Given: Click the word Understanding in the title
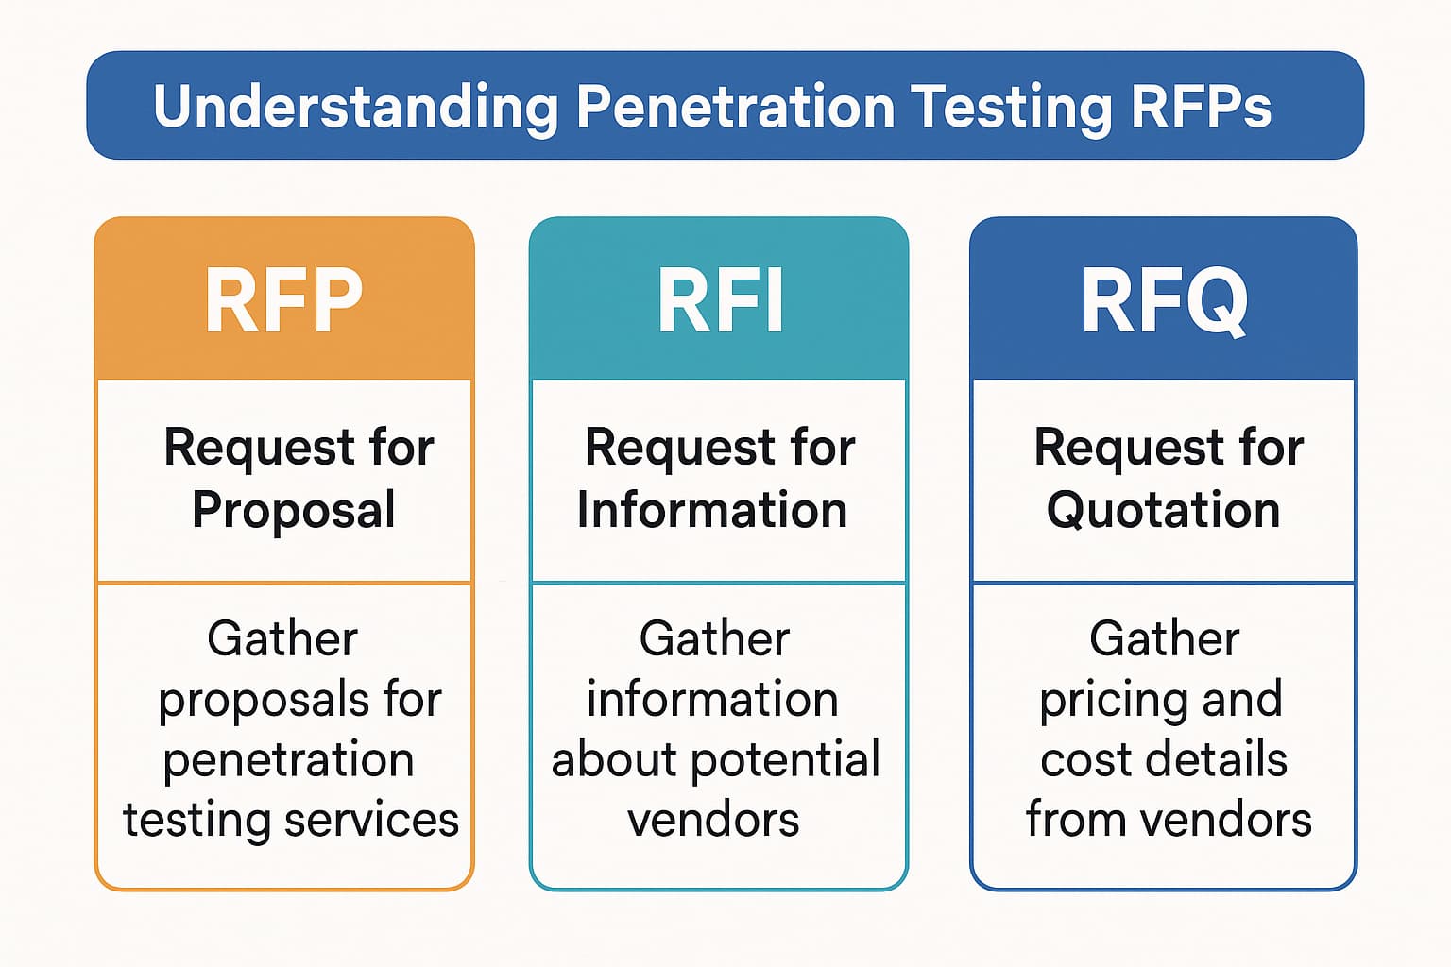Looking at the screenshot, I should coord(355,107).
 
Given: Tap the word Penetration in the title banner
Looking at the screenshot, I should coord(735,106).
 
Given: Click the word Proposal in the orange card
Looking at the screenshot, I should coord(294,511).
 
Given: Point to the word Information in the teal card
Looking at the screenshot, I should coord(712,511).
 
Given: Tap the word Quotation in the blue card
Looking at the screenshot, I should coord(1163,511).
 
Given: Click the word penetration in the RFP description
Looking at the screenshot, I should coord(288,760).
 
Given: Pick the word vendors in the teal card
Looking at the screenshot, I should coord(713,820).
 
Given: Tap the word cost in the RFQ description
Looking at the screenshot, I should coord(1077,760).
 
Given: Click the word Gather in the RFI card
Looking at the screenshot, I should coord(714,639).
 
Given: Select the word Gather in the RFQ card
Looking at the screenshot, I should coord(1164,639).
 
